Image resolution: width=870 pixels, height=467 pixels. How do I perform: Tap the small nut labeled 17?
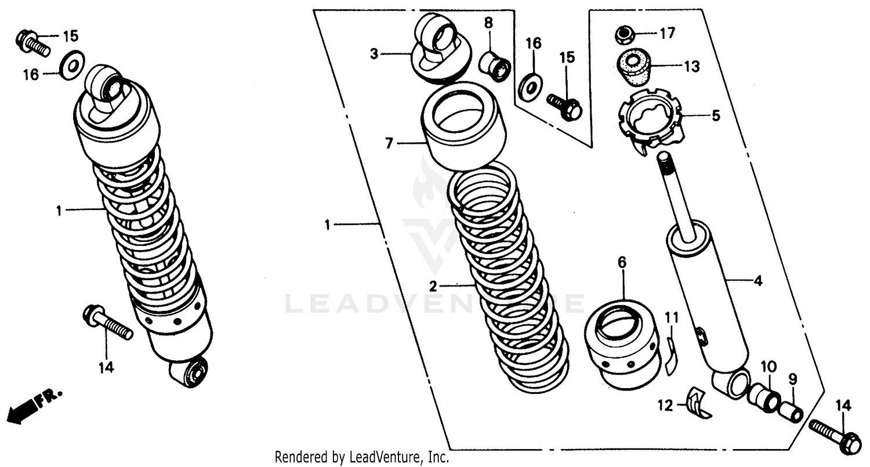[x=623, y=36]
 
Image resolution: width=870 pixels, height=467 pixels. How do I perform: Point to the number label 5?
[x=716, y=116]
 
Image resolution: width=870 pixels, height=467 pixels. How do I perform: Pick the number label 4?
[x=757, y=282]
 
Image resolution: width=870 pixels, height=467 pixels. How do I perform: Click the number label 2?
[x=433, y=286]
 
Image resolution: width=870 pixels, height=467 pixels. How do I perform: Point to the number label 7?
[x=389, y=142]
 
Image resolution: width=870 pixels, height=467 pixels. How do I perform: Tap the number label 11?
[x=671, y=317]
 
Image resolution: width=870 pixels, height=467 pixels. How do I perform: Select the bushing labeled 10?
[x=763, y=397]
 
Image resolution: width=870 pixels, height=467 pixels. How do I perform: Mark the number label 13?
[x=691, y=67]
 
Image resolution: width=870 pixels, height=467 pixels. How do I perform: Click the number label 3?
[x=374, y=55]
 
